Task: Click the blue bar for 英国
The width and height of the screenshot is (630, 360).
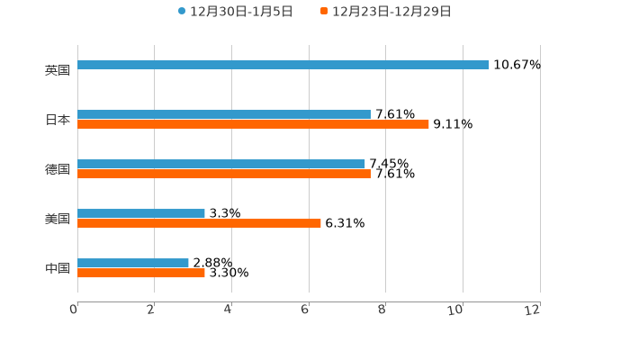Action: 283,65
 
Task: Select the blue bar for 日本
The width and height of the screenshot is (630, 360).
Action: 224,114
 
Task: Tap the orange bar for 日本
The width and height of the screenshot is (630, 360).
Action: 253,124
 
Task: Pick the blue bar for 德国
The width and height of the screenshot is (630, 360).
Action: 221,164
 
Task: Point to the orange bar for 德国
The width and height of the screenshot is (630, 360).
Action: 224,174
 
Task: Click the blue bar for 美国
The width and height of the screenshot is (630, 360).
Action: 141,213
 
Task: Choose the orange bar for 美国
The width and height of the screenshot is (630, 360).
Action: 199,223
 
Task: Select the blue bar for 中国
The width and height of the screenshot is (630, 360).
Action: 133,263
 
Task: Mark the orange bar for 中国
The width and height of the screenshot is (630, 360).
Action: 141,273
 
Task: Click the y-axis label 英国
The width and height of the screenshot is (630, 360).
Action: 58,70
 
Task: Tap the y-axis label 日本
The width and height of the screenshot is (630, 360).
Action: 58,120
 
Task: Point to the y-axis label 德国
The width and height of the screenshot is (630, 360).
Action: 58,169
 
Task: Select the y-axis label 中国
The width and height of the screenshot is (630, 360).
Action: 58,268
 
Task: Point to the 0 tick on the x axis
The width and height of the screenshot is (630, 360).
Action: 74,310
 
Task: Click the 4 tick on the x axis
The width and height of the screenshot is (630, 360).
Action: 229,310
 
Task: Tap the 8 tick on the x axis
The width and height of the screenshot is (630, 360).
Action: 382,310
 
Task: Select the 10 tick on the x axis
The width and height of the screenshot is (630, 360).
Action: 456,310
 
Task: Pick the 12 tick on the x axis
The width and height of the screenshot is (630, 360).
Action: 533,310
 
